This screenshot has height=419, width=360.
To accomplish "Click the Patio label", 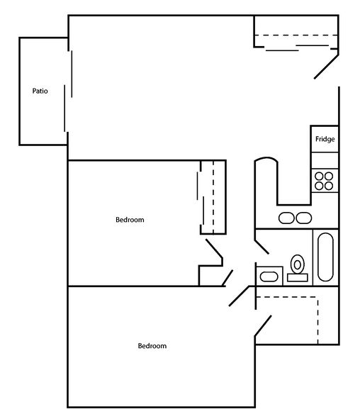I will coord(40,91).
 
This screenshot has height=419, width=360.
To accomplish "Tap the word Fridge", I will coord(325,139).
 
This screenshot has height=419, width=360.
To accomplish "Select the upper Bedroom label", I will coord(130,220).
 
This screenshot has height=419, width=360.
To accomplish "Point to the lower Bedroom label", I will coord(152,346).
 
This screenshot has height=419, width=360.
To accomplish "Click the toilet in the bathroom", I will coord(298,264).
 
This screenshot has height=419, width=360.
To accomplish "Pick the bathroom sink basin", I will coord(269,275).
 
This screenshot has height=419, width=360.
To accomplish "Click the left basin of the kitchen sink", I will coord(286,218).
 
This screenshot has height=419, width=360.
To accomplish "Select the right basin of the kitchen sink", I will coord(303,218).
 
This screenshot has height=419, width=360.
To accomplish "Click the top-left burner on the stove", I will coord(320,176).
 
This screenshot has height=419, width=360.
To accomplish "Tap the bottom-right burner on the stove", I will coord(330,186).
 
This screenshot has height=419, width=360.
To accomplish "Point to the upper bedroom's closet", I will coord(213,196).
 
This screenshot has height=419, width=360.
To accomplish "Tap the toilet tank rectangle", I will coord(297,278).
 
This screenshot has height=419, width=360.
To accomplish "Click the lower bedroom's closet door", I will coord(262,325).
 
